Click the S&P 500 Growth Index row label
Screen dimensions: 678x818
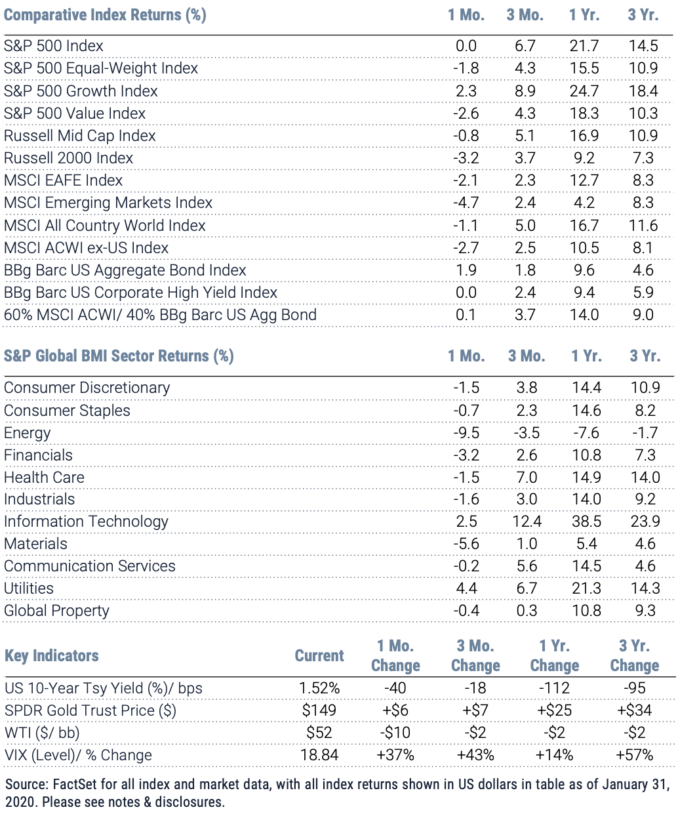(x=81, y=91)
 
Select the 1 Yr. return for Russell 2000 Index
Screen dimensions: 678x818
(x=584, y=158)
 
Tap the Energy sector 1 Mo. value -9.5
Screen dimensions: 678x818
(x=466, y=433)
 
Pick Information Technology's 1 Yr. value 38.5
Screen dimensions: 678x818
(x=586, y=521)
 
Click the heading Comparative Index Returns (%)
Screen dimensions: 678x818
(x=105, y=15)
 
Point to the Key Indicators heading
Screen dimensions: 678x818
(x=52, y=656)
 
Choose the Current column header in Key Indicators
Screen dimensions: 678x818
(x=319, y=655)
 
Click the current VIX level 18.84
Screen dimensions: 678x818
(x=319, y=754)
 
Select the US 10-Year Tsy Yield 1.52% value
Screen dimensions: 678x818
(x=319, y=687)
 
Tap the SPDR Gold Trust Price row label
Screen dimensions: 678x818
(x=90, y=710)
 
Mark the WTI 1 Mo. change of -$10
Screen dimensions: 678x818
(x=395, y=732)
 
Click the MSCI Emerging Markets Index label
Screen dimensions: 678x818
(x=108, y=203)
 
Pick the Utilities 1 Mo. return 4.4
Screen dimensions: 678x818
(x=466, y=588)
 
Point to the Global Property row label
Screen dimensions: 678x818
(x=57, y=610)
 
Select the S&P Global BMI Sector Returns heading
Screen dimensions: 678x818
(x=119, y=356)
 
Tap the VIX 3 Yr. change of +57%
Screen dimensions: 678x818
(x=635, y=754)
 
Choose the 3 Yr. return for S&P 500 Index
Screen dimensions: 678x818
(x=643, y=46)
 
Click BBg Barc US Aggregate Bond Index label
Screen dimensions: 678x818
(x=125, y=270)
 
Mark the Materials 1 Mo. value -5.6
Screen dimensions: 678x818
(x=466, y=544)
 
